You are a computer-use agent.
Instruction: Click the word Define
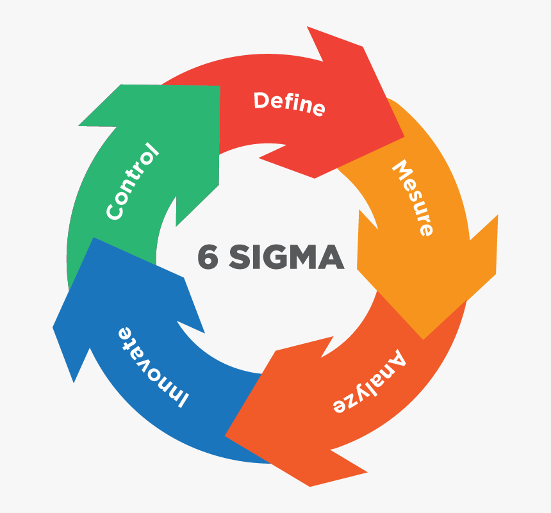[x=289, y=104]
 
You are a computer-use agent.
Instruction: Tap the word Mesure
[x=413, y=198]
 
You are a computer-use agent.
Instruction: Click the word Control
[x=131, y=182]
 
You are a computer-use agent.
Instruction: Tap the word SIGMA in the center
[x=286, y=257]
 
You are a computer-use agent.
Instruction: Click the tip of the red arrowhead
[x=404, y=137]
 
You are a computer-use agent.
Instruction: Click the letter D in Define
[x=261, y=100]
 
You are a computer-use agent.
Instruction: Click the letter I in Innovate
[x=181, y=400]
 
